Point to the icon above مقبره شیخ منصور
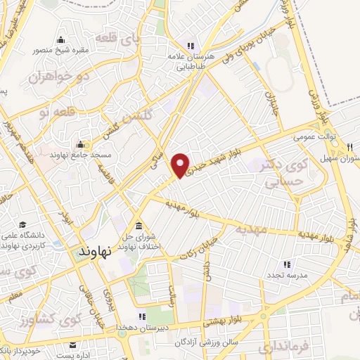click(x=61, y=39)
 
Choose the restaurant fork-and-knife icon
click(x=349, y=147)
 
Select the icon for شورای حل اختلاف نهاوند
click(x=138, y=226)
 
